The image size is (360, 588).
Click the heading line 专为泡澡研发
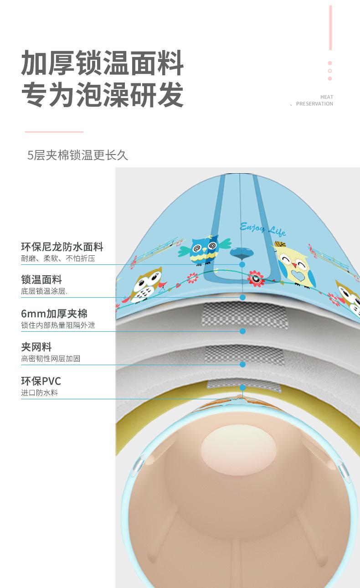pyautogui.click(x=103, y=94)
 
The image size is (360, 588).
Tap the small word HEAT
pyautogui.click(x=326, y=97)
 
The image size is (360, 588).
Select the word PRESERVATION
pyautogui.click(x=314, y=104)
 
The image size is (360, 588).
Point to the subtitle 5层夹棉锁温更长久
pyautogui.click(x=78, y=155)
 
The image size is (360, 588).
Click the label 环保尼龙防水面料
pyautogui.click(x=62, y=247)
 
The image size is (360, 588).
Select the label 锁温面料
pyautogui.click(x=41, y=279)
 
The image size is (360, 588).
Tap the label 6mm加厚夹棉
pyautogui.click(x=54, y=314)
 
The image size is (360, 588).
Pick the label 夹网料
pyautogui.click(x=36, y=347)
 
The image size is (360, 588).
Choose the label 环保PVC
pyautogui.click(x=41, y=381)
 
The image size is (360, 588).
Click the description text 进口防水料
pyautogui.click(x=40, y=393)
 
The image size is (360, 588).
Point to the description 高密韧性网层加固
pyautogui.click(x=51, y=359)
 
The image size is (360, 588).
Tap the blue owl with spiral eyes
pyautogui.click(x=204, y=249)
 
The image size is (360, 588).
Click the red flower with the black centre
pyautogui.click(x=256, y=278)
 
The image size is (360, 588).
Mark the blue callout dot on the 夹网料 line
pyautogui.click(x=242, y=364)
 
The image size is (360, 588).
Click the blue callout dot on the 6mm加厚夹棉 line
pyautogui.click(x=242, y=331)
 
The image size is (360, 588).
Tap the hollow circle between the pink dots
pyautogui.click(x=330, y=71)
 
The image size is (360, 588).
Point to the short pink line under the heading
pyautogui.click(x=54, y=132)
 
